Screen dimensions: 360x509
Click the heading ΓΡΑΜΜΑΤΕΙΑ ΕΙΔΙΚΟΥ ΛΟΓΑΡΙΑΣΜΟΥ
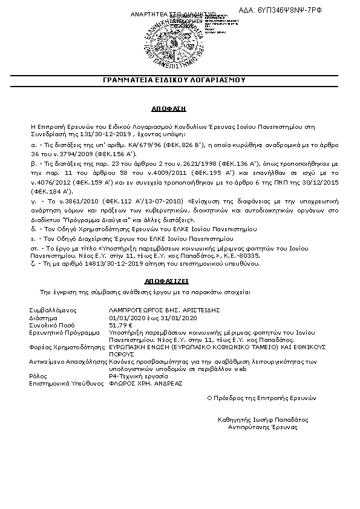pos(180,79)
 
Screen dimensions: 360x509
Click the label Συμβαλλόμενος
pos(51,310)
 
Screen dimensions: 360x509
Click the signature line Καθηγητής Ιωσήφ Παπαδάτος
pos(263,419)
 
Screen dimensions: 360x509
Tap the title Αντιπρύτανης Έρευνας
pos(263,427)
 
